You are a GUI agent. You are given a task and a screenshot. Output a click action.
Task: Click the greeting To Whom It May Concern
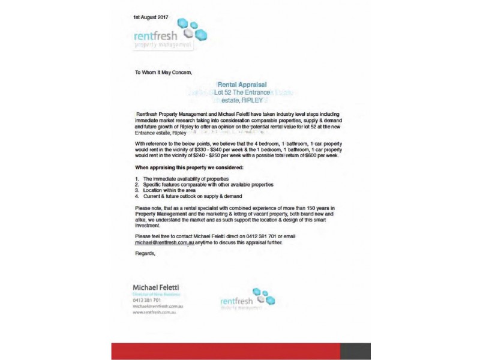click(x=163, y=73)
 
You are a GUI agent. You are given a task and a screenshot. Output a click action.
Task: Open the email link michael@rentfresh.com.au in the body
click(x=164, y=244)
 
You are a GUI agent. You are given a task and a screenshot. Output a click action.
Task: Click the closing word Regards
click(x=145, y=253)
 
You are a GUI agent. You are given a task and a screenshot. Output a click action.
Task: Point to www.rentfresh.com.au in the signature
click(x=158, y=312)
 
